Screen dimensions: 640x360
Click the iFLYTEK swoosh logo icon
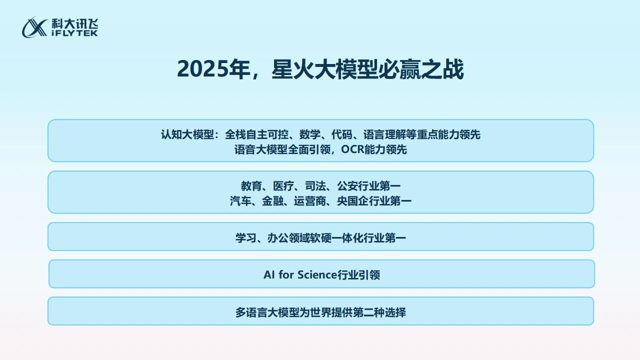tap(34, 27)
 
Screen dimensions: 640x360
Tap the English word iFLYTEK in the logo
tap(75, 33)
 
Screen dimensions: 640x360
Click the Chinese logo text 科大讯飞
tap(75, 23)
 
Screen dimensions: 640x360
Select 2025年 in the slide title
tap(213, 69)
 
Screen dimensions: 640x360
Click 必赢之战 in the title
tap(421, 69)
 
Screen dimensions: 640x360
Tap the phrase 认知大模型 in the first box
tap(187, 134)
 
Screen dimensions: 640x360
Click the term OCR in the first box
tap(354, 149)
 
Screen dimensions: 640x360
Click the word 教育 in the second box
tap(251, 186)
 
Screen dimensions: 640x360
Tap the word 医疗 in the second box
tap(283, 186)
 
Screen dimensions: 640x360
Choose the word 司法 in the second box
tap(315, 186)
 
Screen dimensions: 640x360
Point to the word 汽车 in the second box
tap(240, 201)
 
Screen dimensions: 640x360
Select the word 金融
tap(272, 201)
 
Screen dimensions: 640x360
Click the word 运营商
tap(310, 201)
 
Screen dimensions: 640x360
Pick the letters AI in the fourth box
tap(269, 275)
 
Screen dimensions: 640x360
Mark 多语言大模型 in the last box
tap(267, 312)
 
